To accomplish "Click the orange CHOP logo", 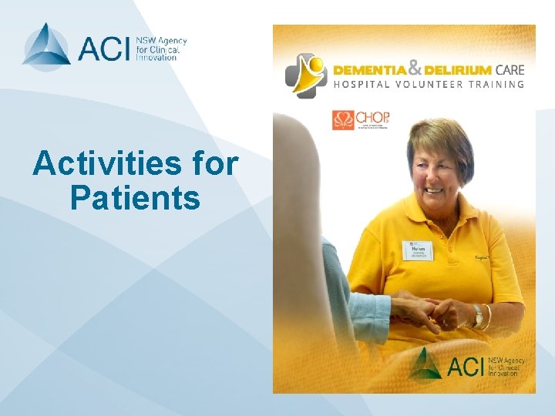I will [361, 119].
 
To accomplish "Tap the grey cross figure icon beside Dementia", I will [306, 75].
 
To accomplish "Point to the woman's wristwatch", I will [478, 314].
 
